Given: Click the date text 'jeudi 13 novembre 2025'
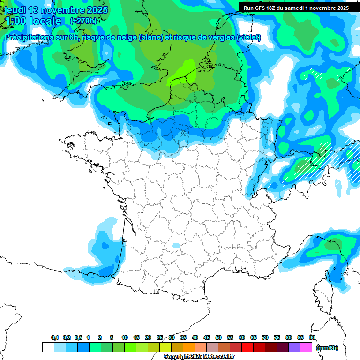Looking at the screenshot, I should [56, 9].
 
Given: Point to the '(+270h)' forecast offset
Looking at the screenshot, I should [83, 21].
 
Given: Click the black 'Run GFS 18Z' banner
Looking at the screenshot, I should [296, 8].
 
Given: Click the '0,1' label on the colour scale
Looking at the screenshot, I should [55, 337].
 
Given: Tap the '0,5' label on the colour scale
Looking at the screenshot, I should [78, 337].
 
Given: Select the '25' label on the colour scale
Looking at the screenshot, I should [160, 337].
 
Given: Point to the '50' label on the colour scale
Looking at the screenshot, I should [218, 337].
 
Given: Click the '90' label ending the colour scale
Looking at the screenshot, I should [312, 337].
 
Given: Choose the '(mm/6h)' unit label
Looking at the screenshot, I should [327, 348].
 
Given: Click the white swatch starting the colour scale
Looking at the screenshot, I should [48, 347].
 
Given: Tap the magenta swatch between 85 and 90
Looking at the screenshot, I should [306, 347].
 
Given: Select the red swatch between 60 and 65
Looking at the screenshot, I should [247, 347].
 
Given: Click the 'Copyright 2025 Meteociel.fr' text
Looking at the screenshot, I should [199, 357].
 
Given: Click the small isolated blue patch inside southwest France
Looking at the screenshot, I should [176, 246].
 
